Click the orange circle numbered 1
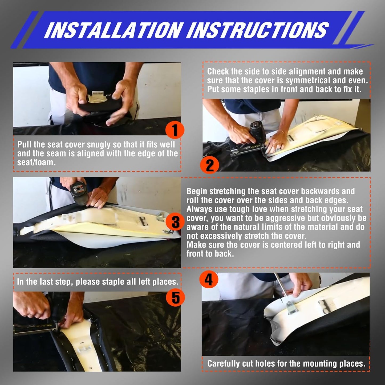(x=175, y=130)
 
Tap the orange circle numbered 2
(x=210, y=165)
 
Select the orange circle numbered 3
(x=175, y=222)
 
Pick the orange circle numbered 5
(x=175, y=298)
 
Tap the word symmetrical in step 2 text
(x=308, y=80)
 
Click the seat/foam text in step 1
(x=36, y=162)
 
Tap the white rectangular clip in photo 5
(x=84, y=349)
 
